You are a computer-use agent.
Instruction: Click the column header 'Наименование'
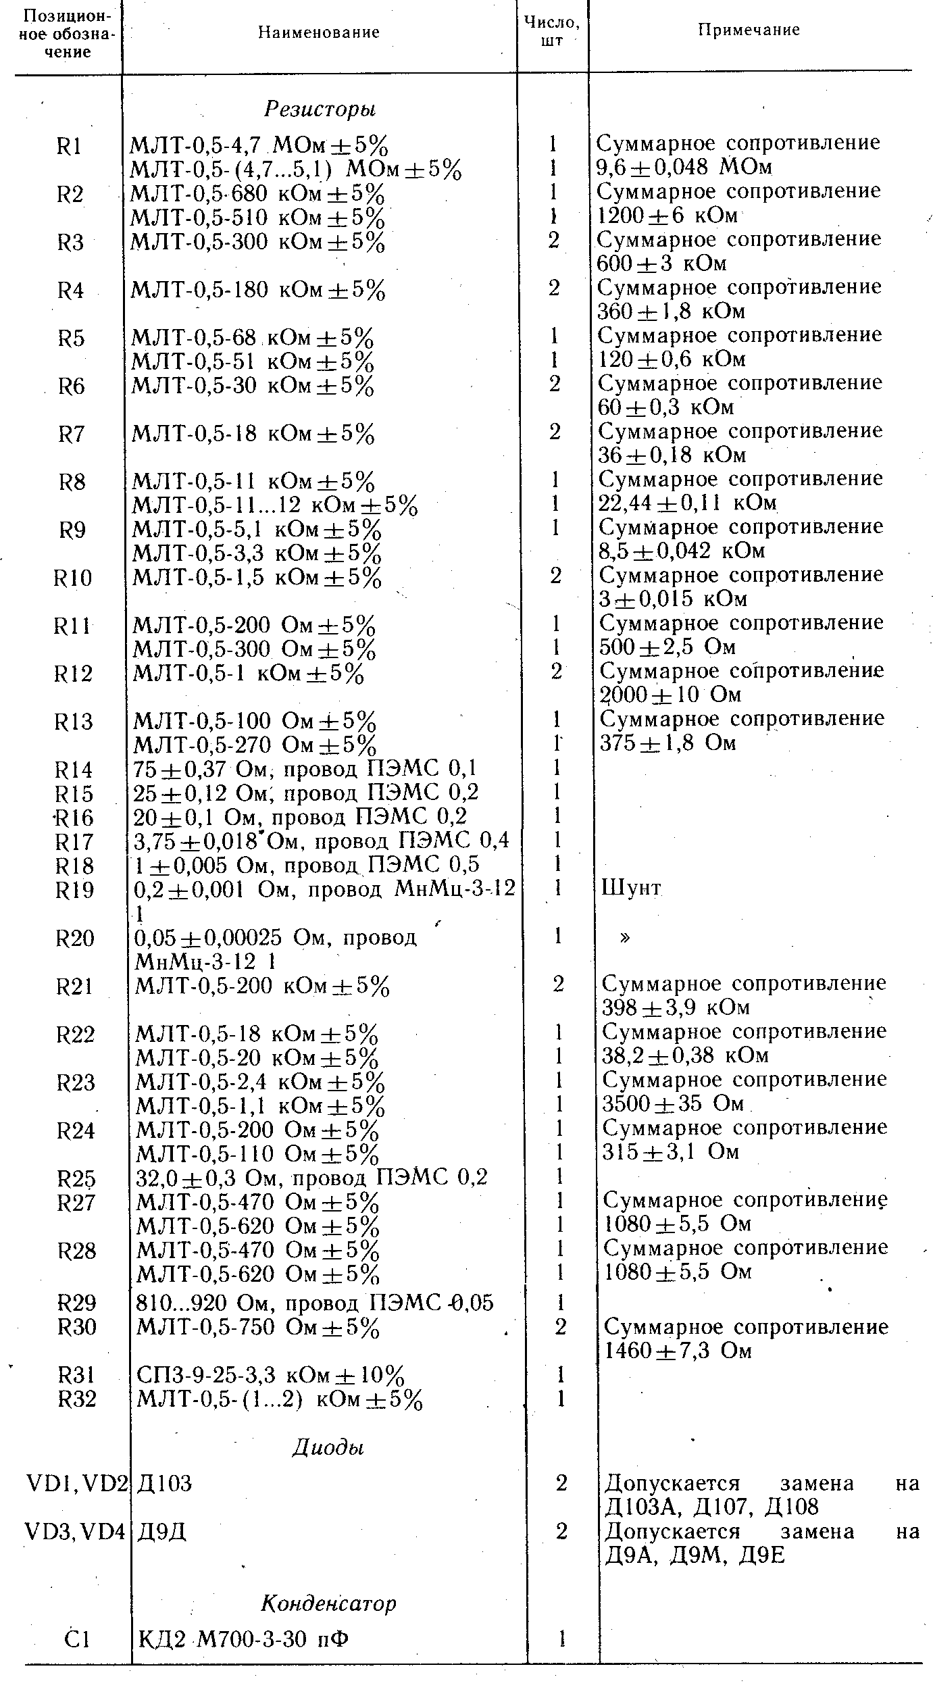click(319, 32)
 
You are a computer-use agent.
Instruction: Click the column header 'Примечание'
click(749, 30)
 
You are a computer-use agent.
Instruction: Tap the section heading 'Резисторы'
click(320, 109)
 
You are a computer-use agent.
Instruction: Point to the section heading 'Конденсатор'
click(328, 1603)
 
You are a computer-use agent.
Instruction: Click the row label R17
click(74, 842)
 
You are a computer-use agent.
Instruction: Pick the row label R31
click(76, 1375)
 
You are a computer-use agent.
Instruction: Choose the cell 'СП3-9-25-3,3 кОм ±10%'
click(271, 1375)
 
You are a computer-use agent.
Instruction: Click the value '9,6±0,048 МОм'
click(684, 166)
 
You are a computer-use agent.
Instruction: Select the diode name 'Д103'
click(164, 1484)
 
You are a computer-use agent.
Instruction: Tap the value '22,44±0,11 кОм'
click(687, 503)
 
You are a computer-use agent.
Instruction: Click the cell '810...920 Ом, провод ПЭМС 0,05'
click(315, 1303)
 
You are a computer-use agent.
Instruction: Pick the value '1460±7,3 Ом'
click(678, 1351)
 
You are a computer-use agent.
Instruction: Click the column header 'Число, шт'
click(552, 31)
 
